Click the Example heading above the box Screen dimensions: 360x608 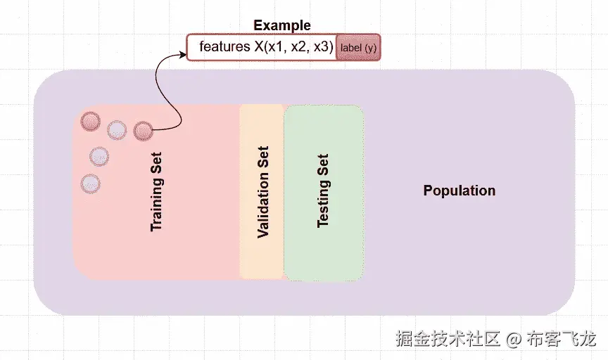pyautogui.click(x=281, y=25)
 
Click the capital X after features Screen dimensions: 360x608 pyautogui.click(x=259, y=47)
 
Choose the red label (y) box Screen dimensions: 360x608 pyautogui.click(x=358, y=47)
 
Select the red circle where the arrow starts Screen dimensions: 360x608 pyautogui.click(x=143, y=130)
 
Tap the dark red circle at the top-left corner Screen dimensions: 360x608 pyautogui.click(x=91, y=122)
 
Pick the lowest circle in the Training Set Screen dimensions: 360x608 pyautogui.click(x=90, y=184)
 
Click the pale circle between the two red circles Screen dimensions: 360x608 pyautogui.click(x=117, y=129)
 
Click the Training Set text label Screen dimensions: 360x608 pyautogui.click(x=156, y=192)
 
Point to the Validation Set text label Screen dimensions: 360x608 pyautogui.click(x=263, y=192)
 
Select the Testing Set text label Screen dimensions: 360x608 pyautogui.click(x=323, y=191)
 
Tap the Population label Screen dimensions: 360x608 pyautogui.click(x=459, y=191)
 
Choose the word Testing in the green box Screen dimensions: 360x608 pyautogui.click(x=323, y=201)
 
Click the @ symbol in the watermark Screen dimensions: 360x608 pyautogui.click(x=514, y=340)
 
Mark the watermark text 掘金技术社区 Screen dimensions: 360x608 pyautogui.click(x=448, y=340)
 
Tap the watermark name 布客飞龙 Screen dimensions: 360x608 pyautogui.click(x=562, y=340)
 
